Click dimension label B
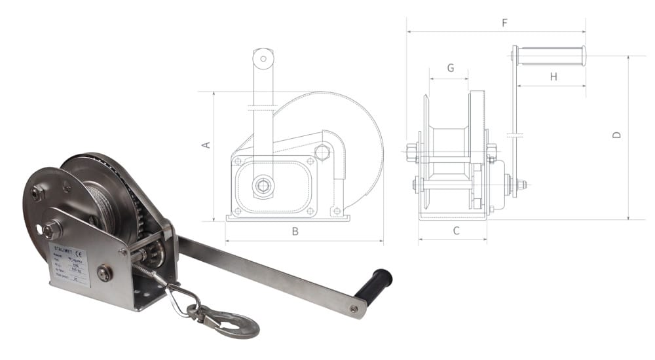295,231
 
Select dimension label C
457,230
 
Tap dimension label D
616,135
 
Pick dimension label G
450,68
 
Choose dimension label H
553,77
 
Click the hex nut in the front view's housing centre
263,186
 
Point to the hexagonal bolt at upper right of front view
323,153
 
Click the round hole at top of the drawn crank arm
263,58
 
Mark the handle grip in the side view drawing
550,56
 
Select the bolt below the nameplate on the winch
103,273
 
